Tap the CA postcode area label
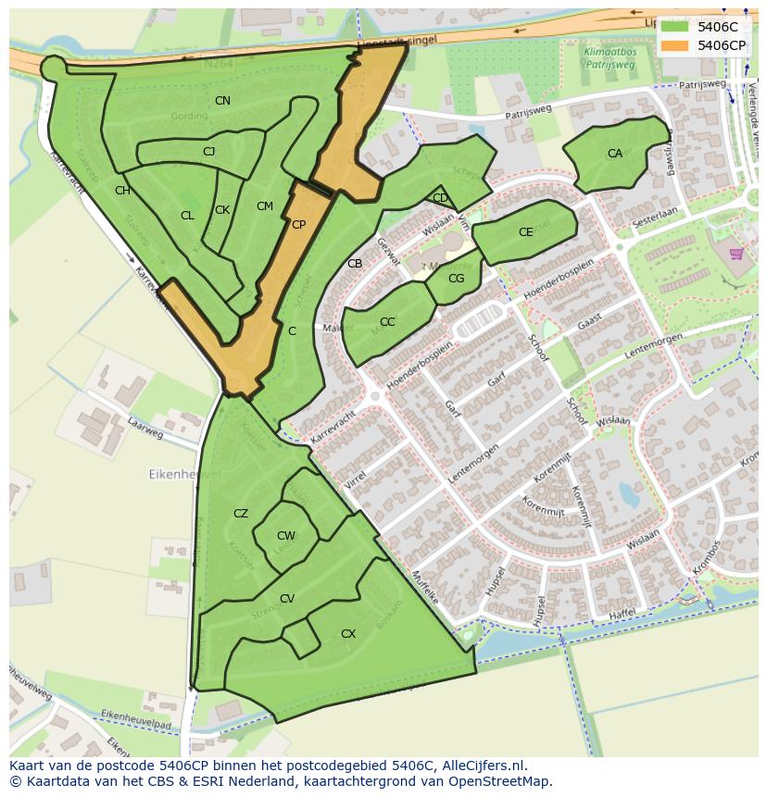pos(615,154)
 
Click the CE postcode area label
pos(526,232)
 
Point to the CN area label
pos(222,100)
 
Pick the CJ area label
pos(208,151)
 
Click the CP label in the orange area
pos(298,224)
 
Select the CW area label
pos(286,536)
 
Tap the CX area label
pos(348,634)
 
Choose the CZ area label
pos(241,514)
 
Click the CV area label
pos(287,599)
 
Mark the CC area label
pos(387,322)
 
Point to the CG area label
pos(456,278)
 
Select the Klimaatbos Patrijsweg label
pos(610,59)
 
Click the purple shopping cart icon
pos(736,254)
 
